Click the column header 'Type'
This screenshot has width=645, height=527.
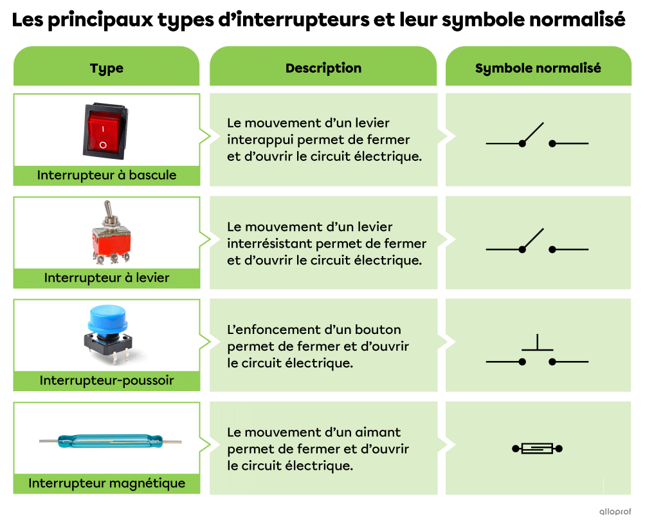tap(106, 68)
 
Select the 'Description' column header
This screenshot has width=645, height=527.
tap(323, 68)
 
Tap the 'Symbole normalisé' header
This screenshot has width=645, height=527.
tap(538, 68)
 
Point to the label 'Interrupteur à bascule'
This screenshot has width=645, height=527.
tap(106, 175)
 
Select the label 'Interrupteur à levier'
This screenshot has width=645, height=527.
tap(106, 278)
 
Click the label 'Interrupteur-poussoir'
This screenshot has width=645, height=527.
tap(106, 380)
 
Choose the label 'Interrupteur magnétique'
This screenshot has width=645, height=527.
tap(106, 483)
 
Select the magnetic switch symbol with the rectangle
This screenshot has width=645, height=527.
tap(537, 448)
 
